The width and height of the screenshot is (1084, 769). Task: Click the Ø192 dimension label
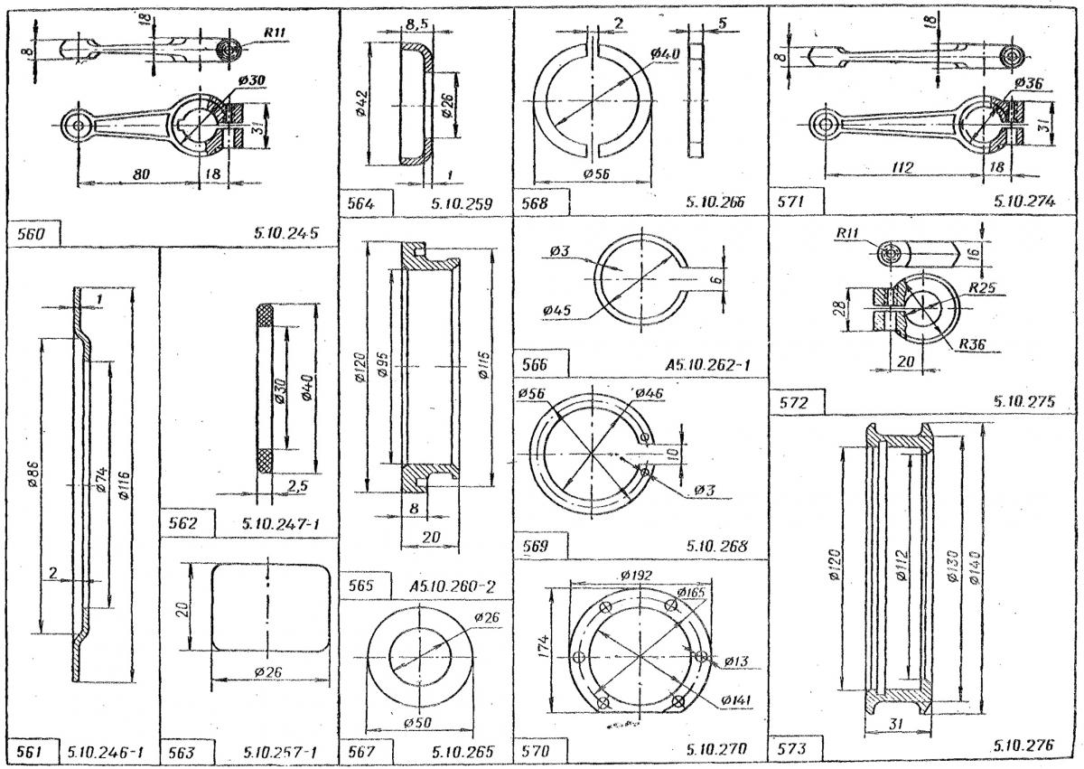tap(638, 575)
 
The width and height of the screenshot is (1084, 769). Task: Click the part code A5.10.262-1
tap(708, 364)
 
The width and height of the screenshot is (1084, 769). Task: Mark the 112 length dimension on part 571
tap(901, 167)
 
